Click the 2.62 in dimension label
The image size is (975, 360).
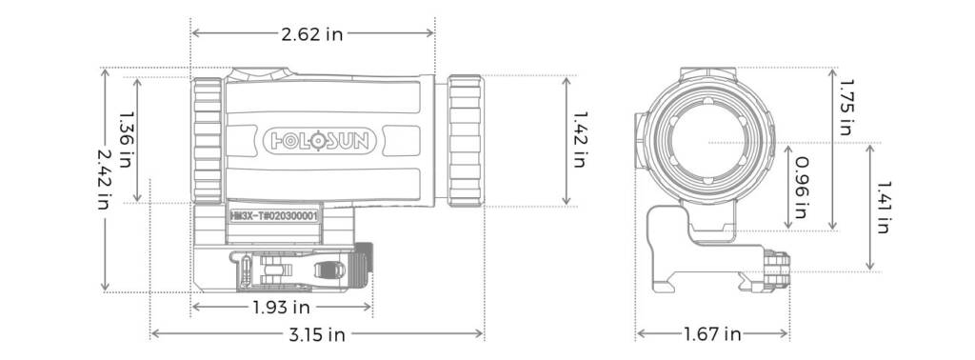tap(312, 34)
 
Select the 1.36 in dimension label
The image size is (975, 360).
tap(126, 135)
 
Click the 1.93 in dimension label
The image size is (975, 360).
tap(281, 307)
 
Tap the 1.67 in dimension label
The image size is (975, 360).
tap(712, 334)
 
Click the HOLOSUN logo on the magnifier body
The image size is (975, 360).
tap(320, 141)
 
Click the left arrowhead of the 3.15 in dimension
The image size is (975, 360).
tap(155, 334)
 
